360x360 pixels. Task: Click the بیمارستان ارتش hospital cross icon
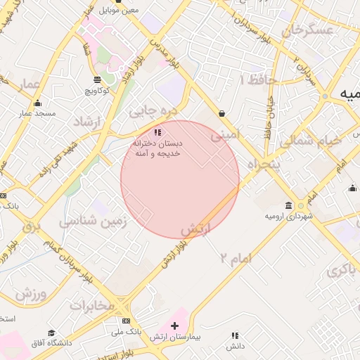[175, 326]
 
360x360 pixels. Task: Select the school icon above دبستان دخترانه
[157, 131]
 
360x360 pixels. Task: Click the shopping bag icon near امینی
[222, 112]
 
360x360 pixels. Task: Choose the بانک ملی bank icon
[127, 321]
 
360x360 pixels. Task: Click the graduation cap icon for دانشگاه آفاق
[51, 333]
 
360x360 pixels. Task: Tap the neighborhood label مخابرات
[91, 305]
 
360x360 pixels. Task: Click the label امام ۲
[235, 258]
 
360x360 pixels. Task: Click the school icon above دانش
[235, 336]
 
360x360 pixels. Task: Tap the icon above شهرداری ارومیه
[301, 205]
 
